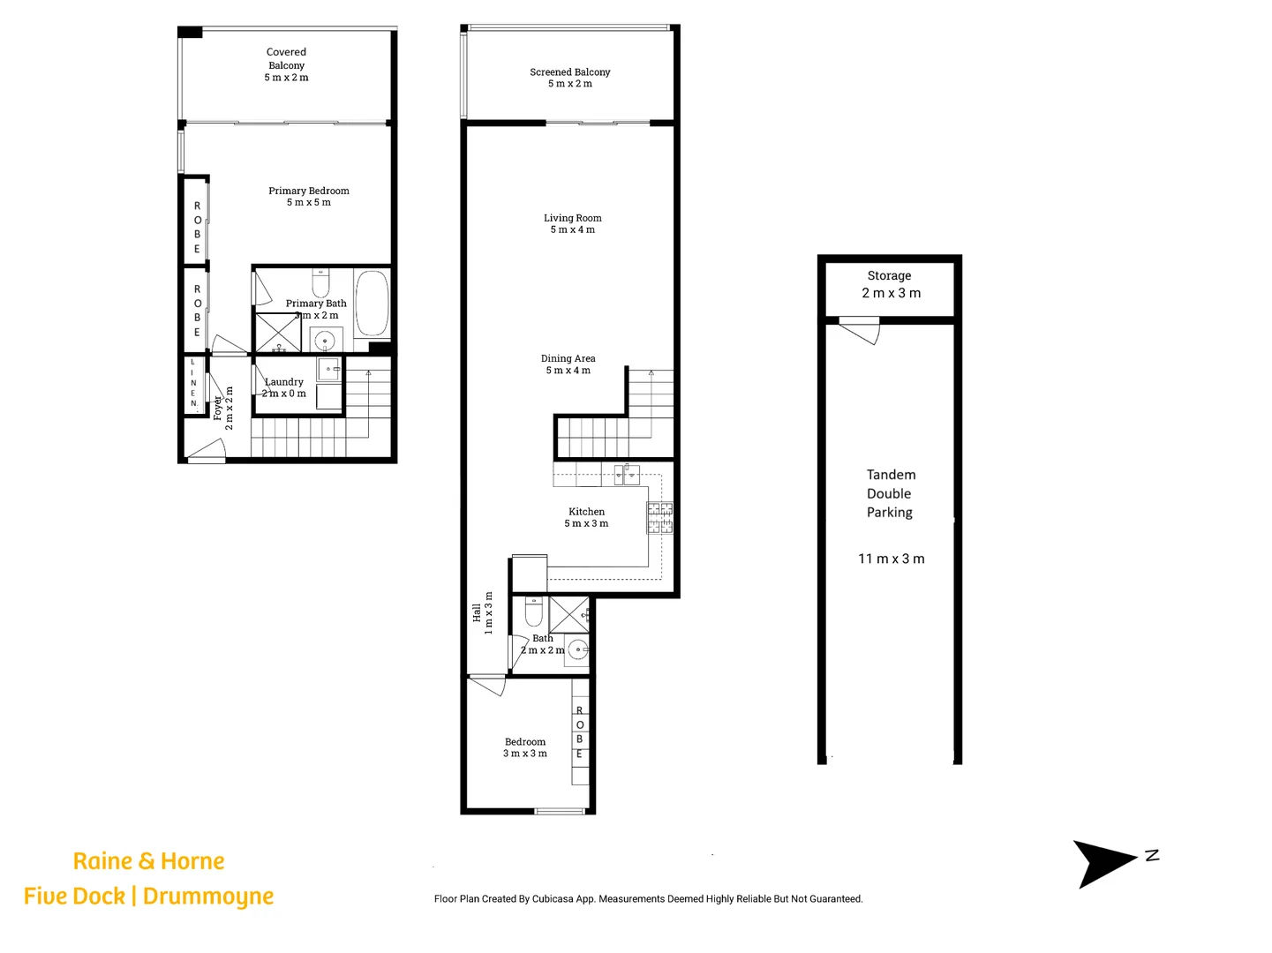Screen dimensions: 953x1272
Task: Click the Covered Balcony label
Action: point(286,64)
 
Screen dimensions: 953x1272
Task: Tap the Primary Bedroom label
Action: point(309,196)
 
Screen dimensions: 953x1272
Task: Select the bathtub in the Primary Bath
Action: point(372,304)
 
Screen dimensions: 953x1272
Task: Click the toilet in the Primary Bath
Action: point(320,284)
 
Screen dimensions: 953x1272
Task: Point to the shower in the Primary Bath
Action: point(278,333)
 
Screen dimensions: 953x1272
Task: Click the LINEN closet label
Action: point(193,383)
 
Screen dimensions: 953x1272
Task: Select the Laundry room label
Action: point(284,387)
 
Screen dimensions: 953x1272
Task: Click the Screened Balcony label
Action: point(570,78)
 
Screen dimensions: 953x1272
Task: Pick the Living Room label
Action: point(572,223)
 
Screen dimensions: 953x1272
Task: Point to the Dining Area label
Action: point(568,364)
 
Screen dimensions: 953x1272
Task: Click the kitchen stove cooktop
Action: point(659,517)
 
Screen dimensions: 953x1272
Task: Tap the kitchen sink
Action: point(627,474)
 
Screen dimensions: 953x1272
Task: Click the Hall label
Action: point(482,612)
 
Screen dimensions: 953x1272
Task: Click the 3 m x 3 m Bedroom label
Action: point(525,747)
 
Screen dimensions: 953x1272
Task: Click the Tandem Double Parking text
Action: point(891,493)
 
